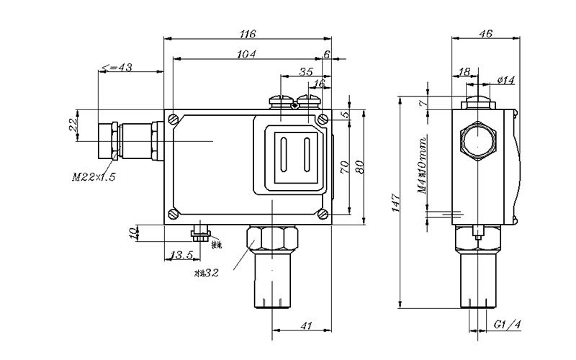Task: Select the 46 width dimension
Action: (485, 33)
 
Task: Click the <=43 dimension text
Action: (117, 67)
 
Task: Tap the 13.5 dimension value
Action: (179, 255)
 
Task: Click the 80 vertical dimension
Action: (361, 166)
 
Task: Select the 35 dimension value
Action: (305, 72)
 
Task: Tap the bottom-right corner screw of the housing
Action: (323, 213)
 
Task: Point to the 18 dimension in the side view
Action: (464, 72)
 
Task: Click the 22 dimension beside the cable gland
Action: (72, 124)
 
